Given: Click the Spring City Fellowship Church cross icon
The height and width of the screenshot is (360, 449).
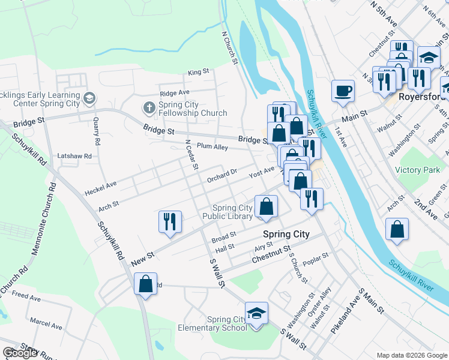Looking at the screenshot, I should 149,108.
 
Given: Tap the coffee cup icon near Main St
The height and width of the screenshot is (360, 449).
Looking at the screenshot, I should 343,91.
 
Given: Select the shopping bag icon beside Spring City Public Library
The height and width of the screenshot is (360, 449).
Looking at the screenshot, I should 265,206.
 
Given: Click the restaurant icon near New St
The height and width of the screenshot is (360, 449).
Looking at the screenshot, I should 170,221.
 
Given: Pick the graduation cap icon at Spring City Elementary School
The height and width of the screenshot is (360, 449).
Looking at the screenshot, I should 256,313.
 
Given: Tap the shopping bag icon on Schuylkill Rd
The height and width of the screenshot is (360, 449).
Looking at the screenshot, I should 145,284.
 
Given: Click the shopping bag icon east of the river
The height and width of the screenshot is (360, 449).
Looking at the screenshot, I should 397,229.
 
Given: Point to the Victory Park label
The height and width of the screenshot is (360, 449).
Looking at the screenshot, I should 417,170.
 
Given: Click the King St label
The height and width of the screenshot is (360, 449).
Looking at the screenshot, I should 198,72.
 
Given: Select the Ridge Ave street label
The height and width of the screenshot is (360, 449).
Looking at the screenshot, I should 175,93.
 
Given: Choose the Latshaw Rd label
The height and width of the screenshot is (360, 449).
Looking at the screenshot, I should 74,156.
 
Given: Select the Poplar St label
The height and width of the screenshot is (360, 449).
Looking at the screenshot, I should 317,257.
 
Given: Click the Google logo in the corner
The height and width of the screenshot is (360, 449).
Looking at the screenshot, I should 20,353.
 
